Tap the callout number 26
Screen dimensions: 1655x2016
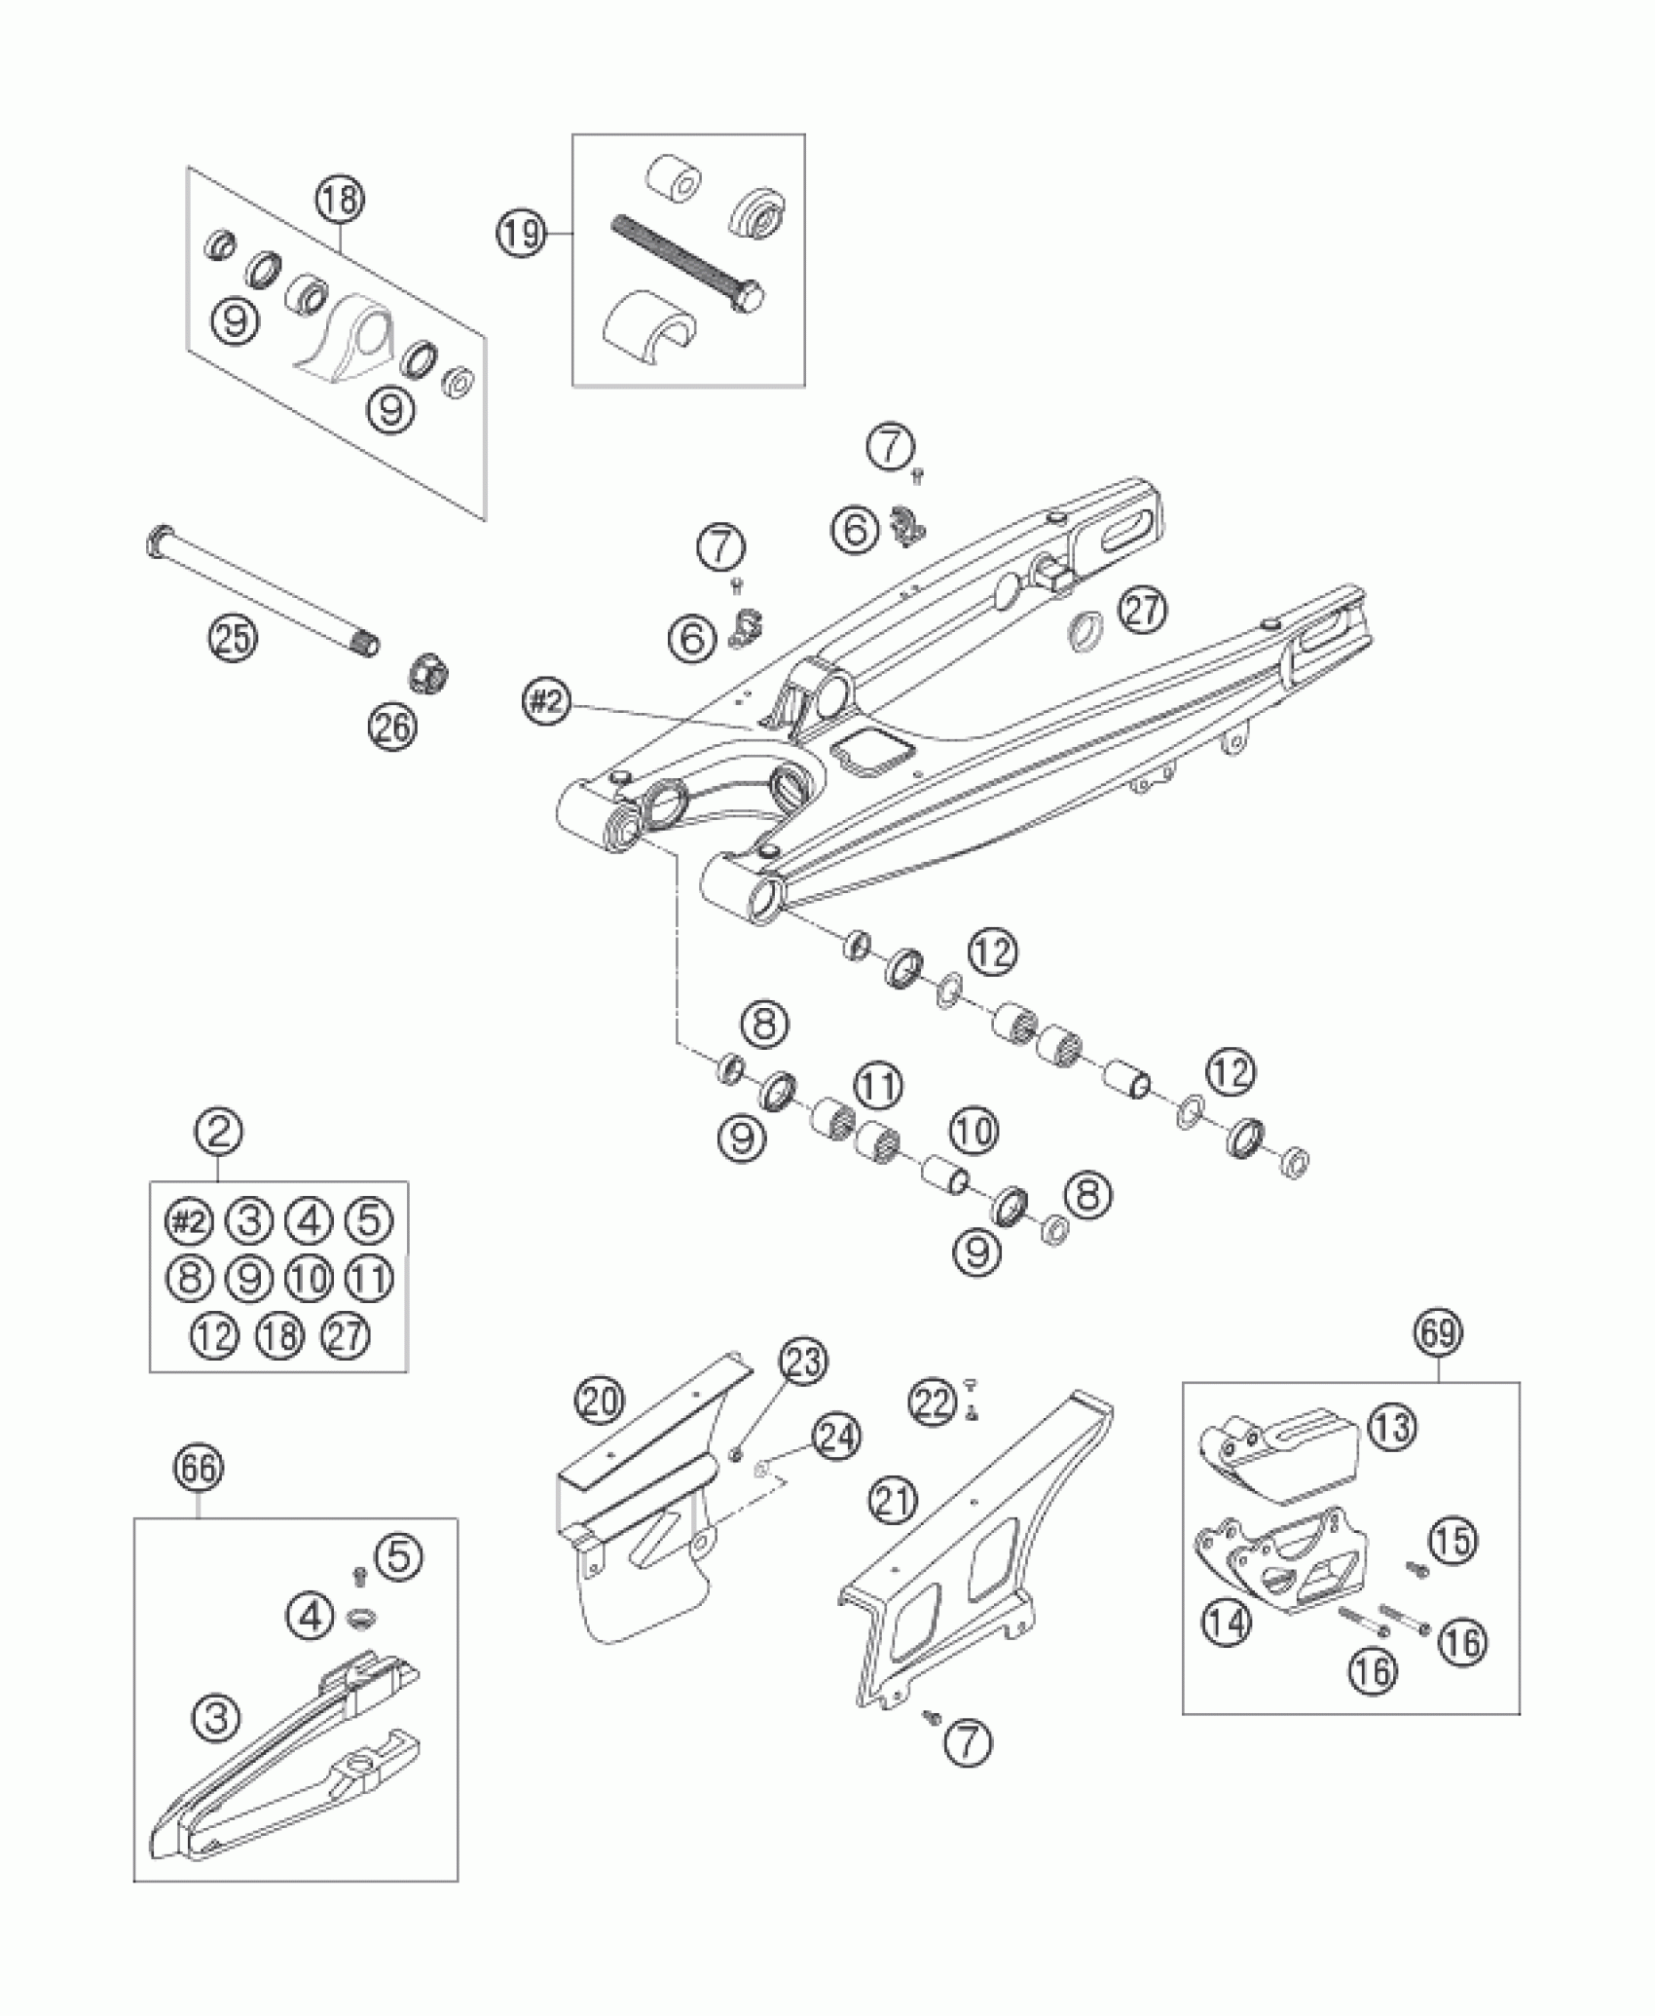393,725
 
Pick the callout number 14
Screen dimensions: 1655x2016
1227,1625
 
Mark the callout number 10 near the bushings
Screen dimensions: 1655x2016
973,1131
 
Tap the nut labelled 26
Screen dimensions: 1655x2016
424,672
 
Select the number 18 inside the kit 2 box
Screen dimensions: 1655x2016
279,1335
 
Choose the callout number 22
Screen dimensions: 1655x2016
932,1403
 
